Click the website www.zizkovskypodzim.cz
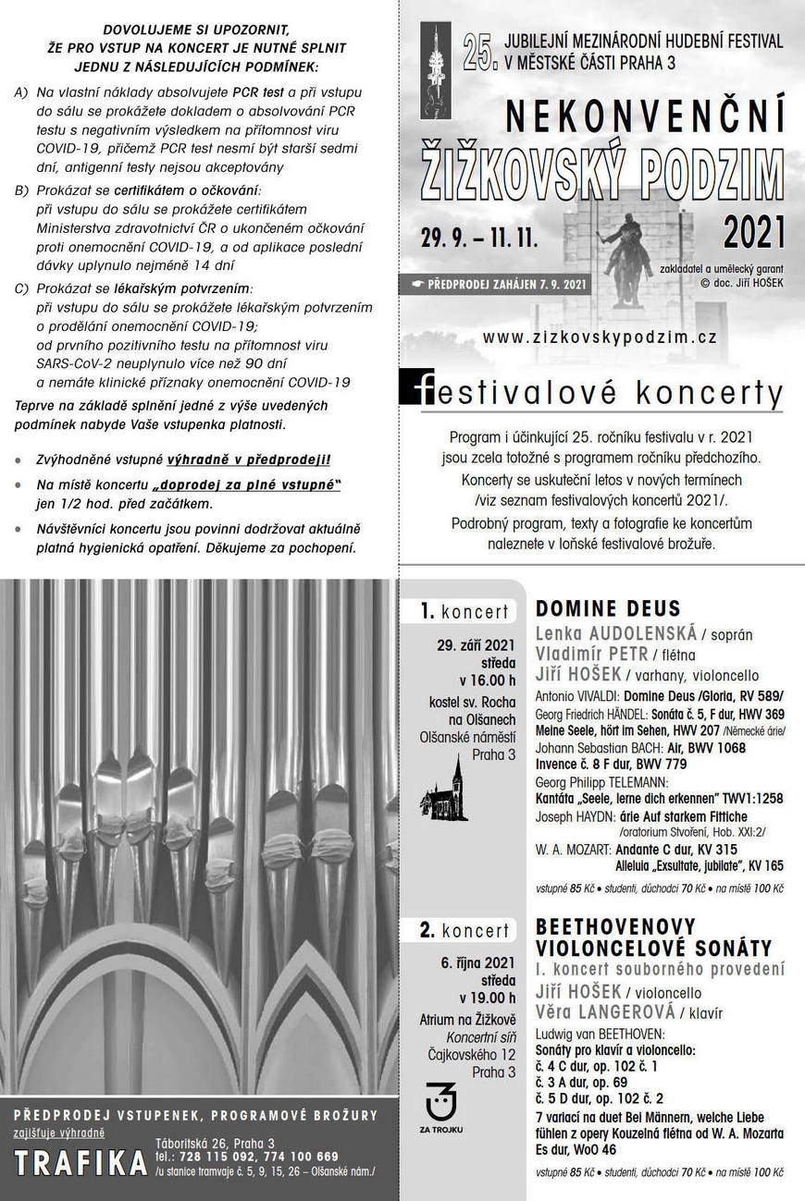tap(600, 337)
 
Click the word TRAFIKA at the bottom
tap(81, 1162)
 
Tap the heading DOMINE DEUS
tap(608, 608)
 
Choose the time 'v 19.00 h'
tap(488, 998)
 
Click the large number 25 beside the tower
tap(479, 56)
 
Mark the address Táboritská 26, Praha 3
tap(215, 1143)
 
